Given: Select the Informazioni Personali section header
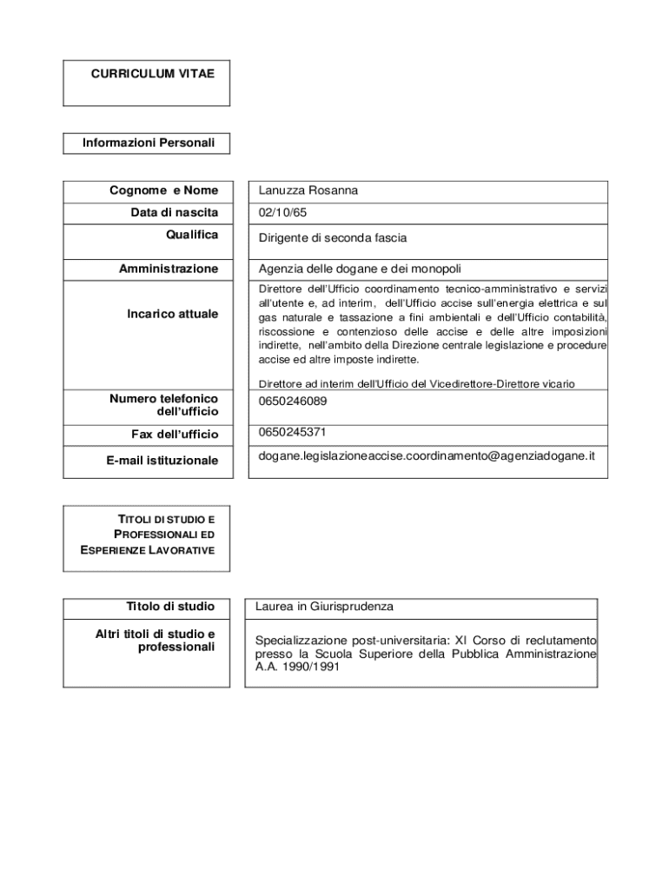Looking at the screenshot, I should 148,143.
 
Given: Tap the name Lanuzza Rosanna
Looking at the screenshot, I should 308,191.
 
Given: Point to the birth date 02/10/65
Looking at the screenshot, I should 282,213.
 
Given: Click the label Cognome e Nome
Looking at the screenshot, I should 163,191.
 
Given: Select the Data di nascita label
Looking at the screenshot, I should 175,213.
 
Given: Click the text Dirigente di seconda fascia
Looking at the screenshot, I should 333,237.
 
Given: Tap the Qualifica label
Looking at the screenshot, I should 192,235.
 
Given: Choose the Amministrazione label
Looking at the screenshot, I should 169,269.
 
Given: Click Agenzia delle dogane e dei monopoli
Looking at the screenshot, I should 364,269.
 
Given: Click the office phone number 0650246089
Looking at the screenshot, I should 293,402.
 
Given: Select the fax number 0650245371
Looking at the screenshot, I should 293,432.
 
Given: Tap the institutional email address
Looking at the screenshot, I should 427,455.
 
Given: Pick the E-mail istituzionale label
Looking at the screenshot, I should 162,461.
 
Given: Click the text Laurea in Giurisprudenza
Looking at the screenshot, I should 324,607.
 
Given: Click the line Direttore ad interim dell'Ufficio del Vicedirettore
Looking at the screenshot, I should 416,383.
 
